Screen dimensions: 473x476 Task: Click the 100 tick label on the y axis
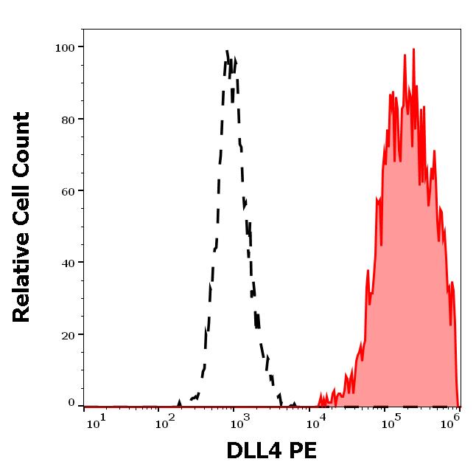coord(66,48)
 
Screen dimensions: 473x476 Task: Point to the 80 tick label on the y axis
coord(69,120)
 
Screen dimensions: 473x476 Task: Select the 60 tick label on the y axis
coord(69,191)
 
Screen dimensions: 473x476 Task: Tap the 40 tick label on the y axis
coord(69,263)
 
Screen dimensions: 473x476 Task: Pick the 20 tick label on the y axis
coord(69,335)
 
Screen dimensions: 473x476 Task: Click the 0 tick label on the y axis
coord(71,403)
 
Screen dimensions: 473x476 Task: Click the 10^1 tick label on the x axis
coord(96,421)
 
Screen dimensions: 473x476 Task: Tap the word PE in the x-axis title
coord(303,449)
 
